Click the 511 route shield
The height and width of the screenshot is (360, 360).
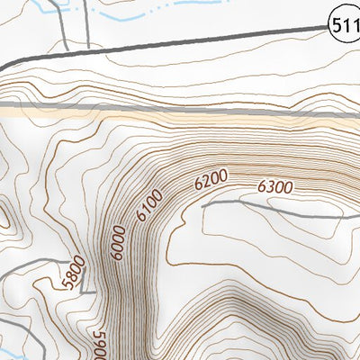coord(346,28)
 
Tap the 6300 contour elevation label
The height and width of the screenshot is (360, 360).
coord(275,187)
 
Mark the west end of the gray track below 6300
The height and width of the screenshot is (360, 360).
coord(203,206)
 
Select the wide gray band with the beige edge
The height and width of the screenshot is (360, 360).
coord(180,109)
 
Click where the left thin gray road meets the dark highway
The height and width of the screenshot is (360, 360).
coord(69,52)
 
